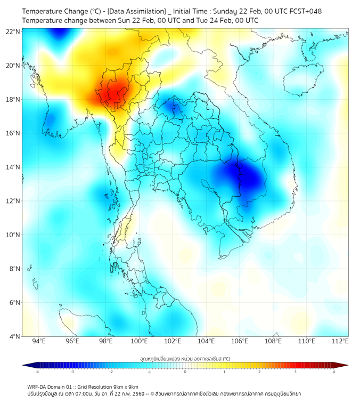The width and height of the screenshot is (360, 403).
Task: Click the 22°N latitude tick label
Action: tap(13, 31)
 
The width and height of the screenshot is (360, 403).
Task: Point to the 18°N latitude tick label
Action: tap(13, 100)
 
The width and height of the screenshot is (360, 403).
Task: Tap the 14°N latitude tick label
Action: tap(13, 167)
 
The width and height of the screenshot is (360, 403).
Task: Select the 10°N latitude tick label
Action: tap(13, 235)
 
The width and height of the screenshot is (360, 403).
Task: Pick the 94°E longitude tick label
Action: tap(39, 341)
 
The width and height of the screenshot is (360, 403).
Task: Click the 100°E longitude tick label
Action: tap(139, 341)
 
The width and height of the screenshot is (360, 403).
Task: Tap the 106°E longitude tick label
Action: tap(240, 341)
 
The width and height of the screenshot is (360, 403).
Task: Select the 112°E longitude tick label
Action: tap(340, 341)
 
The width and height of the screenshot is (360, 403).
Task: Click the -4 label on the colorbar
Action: tap(36, 372)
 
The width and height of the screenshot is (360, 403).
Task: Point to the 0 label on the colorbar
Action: tap(185, 372)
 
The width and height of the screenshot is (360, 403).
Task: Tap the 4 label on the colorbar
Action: tap(333, 372)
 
